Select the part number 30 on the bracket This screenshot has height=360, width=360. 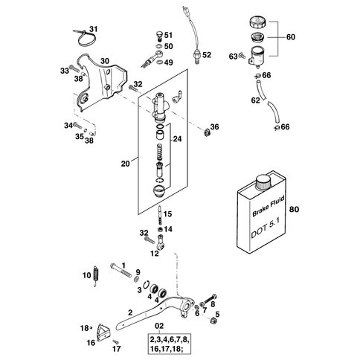[x=105, y=61]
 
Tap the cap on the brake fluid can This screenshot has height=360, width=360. [x=263, y=181]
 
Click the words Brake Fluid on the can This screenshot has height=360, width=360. [x=269, y=206]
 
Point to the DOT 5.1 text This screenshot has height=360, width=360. [x=266, y=230]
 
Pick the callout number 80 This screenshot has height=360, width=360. [x=294, y=209]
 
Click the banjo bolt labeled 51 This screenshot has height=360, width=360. [x=159, y=36]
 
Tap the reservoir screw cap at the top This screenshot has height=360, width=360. [x=258, y=23]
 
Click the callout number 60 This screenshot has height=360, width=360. [x=291, y=37]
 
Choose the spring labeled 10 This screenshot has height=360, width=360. [x=96, y=276]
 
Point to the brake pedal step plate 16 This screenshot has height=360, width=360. [x=103, y=332]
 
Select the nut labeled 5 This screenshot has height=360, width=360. [x=213, y=321]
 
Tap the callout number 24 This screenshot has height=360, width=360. [x=178, y=138]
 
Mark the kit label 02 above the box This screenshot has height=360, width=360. [x=159, y=326]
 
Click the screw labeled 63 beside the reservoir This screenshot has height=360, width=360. [x=240, y=56]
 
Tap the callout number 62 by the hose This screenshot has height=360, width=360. [x=256, y=100]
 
